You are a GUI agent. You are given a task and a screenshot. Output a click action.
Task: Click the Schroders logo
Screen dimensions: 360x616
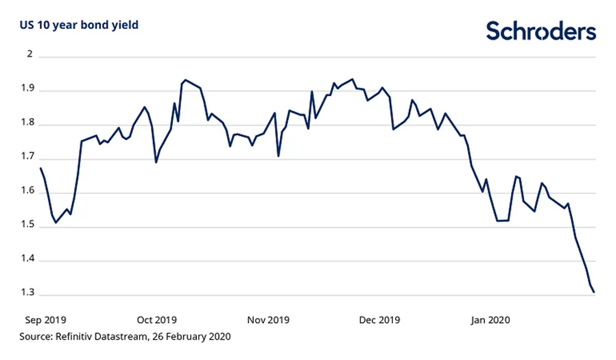(541, 31)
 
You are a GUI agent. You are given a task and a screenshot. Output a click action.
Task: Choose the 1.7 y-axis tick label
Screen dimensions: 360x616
(27, 158)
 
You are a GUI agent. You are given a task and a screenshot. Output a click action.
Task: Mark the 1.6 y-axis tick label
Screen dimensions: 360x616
(27, 192)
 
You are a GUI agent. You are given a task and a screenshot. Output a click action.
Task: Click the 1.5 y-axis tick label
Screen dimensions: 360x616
(27, 226)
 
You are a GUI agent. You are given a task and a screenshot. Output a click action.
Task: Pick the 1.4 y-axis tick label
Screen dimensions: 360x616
(27, 261)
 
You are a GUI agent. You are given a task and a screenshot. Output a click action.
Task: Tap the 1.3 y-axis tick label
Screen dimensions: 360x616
(27, 295)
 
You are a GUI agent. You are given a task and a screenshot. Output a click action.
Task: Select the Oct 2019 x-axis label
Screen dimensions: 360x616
(156, 320)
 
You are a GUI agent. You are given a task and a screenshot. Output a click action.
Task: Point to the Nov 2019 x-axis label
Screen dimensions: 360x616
(268, 320)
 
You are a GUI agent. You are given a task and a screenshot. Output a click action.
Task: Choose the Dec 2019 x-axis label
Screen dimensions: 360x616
(380, 320)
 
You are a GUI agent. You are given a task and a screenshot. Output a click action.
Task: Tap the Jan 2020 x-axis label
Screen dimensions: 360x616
(491, 320)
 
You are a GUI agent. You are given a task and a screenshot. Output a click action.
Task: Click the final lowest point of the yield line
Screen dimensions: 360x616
(594, 293)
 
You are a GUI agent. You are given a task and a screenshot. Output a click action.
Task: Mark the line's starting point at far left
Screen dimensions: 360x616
(40, 168)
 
